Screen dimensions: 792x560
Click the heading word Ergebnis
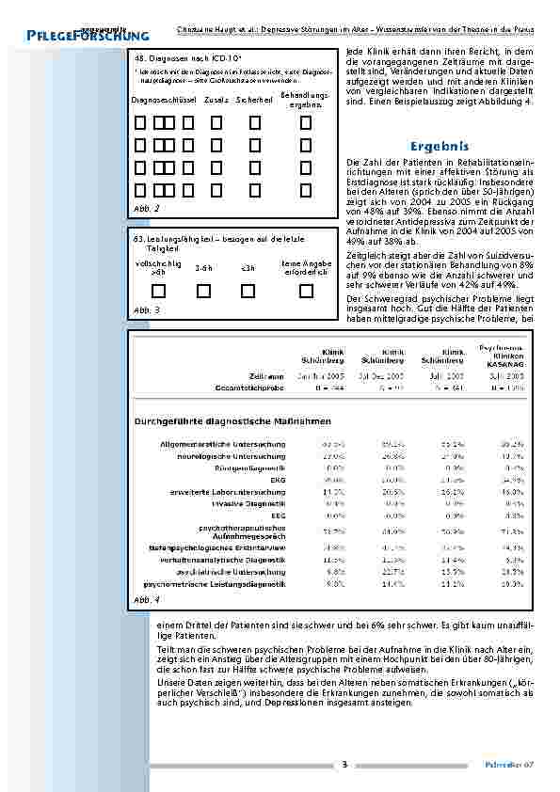(440, 147)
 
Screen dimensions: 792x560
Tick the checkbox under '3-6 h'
(203, 291)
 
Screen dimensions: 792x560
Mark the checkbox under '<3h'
(248, 291)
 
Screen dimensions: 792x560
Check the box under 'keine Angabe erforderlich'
(305, 291)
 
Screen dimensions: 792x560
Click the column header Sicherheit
(254, 99)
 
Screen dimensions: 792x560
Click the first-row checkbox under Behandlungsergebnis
(306, 122)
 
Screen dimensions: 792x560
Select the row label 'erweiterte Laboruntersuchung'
(232, 492)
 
